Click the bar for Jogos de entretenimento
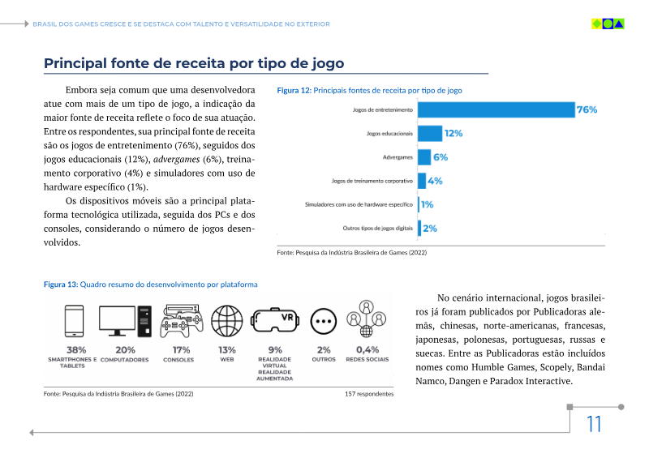coord(495,109)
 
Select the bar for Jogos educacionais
coord(430,133)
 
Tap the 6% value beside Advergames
coord(441,157)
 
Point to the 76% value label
coord(587,109)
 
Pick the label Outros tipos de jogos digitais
coord(377,229)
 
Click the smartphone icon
coord(75,321)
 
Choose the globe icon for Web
coord(226,322)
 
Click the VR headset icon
coord(274,322)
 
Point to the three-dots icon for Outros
coord(324,322)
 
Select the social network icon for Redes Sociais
coord(367,321)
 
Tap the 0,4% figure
coord(367,350)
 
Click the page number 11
coord(594,424)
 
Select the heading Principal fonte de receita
coord(194,63)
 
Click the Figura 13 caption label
coord(61,285)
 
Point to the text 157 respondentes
coord(369,394)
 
